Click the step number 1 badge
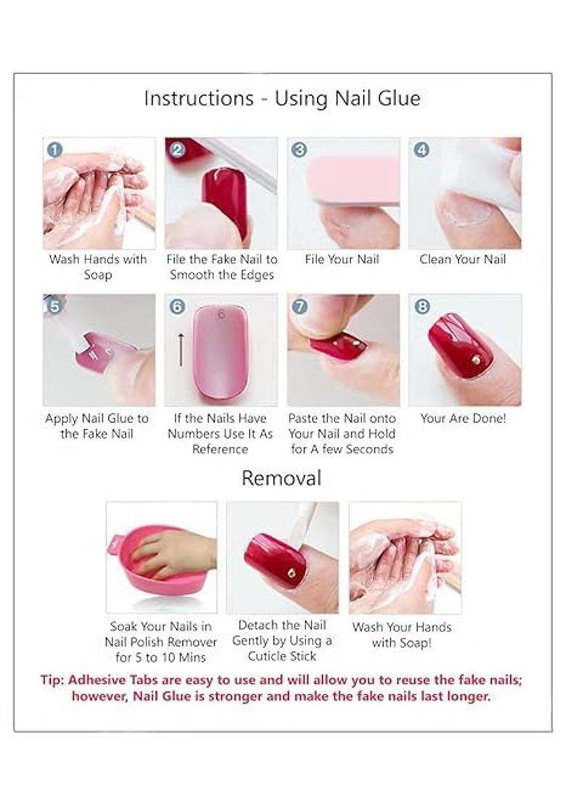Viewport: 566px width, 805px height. [54, 150]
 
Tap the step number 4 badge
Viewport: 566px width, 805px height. [422, 150]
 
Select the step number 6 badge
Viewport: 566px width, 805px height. [177, 307]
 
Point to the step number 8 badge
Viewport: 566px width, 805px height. [422, 307]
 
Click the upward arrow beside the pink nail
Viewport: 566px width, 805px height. [181, 350]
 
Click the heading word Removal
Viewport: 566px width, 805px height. [282, 478]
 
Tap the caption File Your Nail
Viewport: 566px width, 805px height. [342, 259]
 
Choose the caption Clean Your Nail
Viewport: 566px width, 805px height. [462, 259]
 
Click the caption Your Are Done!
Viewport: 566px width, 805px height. [463, 418]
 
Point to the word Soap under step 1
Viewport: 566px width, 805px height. [98, 275]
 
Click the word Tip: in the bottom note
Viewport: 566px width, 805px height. [52, 680]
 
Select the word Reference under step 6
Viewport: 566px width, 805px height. [220, 449]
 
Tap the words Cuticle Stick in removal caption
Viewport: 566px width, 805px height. [282, 656]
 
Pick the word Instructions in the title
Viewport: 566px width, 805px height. [198, 98]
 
